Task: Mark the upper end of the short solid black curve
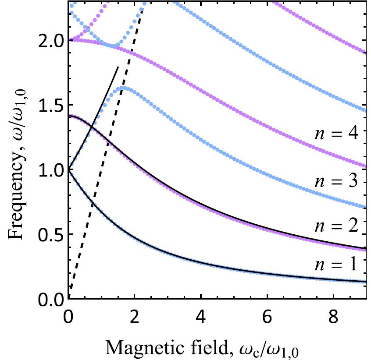tap(118, 67)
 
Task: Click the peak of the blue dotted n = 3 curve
tap(124, 88)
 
